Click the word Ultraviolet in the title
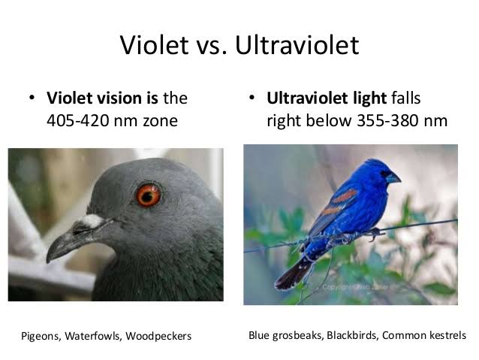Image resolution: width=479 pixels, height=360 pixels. (x=297, y=46)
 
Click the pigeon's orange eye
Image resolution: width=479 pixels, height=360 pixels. (x=149, y=195)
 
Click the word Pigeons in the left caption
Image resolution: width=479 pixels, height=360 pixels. (x=38, y=336)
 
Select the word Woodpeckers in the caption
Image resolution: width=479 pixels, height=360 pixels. (x=160, y=336)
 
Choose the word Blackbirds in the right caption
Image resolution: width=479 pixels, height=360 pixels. (x=350, y=335)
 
